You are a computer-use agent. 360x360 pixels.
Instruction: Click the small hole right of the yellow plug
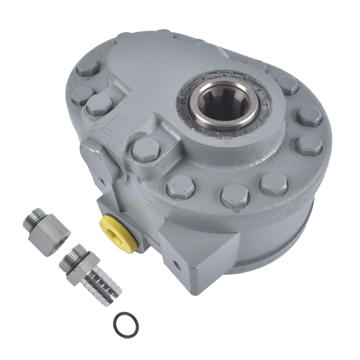(176, 263)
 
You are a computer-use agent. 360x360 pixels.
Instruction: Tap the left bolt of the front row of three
(180, 188)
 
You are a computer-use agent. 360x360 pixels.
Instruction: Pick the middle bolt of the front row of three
(235, 195)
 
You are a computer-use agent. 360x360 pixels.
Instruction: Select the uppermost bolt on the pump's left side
(88, 68)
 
